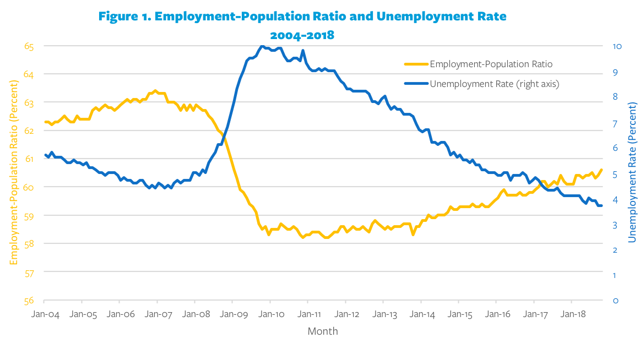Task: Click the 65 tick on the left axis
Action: tap(29, 46)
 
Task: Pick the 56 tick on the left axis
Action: tap(29, 301)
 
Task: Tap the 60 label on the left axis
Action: tap(29, 187)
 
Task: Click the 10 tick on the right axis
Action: tap(617, 46)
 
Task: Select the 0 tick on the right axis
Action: tap(615, 301)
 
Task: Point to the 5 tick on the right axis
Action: tap(615, 174)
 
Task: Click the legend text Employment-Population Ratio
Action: tap(491, 64)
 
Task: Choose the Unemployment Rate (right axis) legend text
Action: tap(494, 84)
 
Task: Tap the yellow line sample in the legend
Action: tap(415, 64)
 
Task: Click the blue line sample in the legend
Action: tap(415, 84)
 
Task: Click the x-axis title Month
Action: tap(323, 331)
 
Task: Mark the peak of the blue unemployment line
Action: tap(262, 46)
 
